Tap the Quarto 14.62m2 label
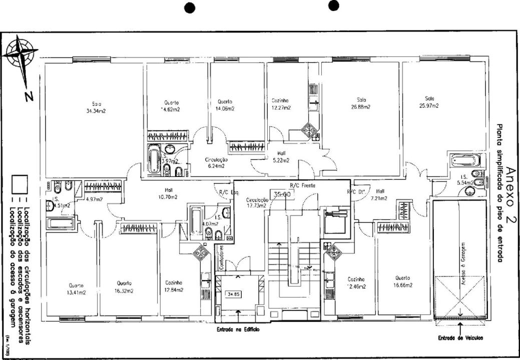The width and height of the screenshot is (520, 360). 170,105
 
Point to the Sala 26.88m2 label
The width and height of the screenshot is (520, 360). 360,103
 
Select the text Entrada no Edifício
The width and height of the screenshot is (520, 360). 238,329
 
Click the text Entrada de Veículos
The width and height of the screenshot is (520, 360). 460,337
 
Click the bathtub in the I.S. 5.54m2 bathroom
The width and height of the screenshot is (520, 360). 466,161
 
